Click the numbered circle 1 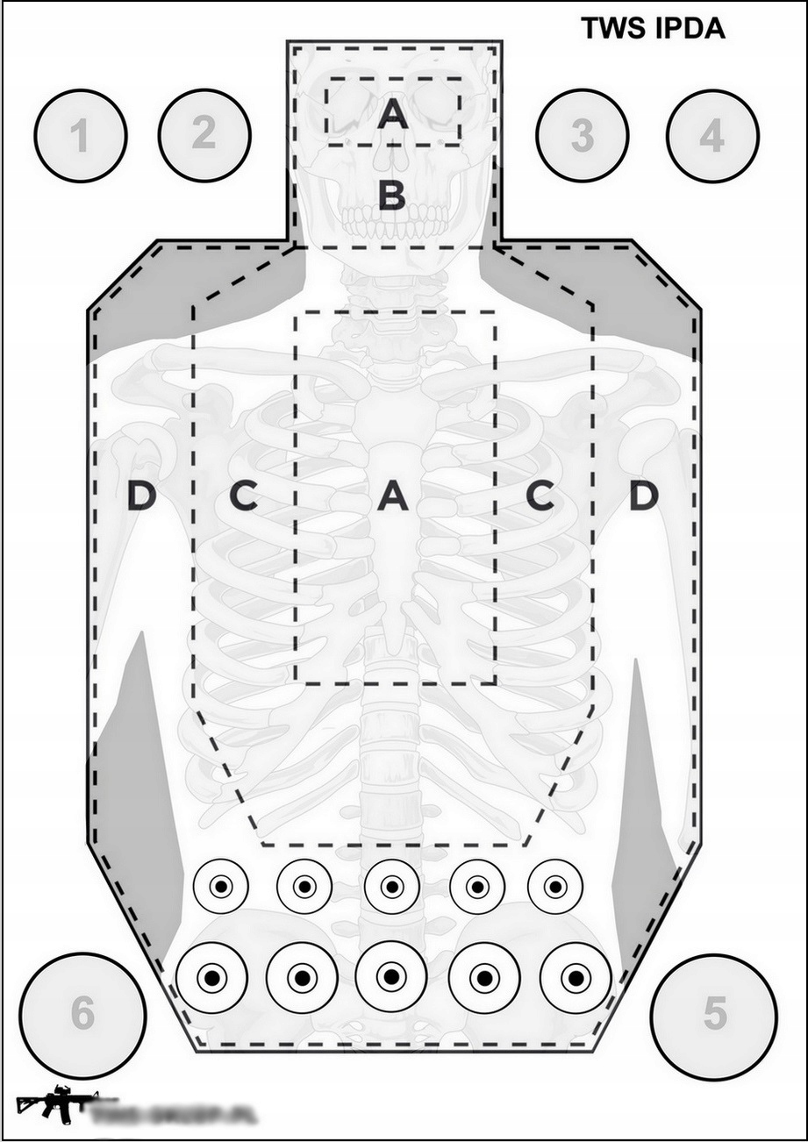(x=81, y=136)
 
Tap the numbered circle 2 (x=204, y=134)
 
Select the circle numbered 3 (x=582, y=135)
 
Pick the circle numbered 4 (x=711, y=136)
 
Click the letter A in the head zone (x=392, y=114)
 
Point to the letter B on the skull (x=392, y=195)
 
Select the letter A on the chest (x=392, y=497)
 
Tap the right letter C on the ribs (x=540, y=497)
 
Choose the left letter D (x=141, y=497)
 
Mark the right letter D (x=643, y=497)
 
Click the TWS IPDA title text (x=653, y=29)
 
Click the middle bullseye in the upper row (x=391, y=886)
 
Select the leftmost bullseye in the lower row (x=211, y=976)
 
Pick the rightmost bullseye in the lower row (x=576, y=976)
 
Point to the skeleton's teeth (x=393, y=222)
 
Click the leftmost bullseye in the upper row (x=220, y=886)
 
